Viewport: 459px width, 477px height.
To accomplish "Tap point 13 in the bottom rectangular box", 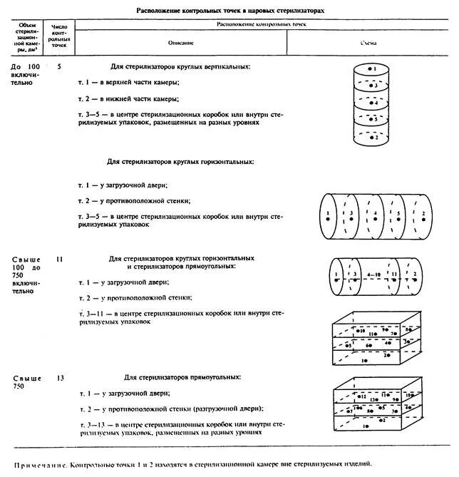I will click(373, 400).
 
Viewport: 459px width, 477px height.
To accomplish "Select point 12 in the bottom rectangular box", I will click(362, 395).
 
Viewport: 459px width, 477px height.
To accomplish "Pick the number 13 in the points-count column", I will click(59, 377).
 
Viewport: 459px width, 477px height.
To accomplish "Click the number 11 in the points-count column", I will click(59, 259).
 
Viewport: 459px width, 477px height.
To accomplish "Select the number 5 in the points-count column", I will click(59, 66).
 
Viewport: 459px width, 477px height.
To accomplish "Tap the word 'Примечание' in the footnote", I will click(40, 463).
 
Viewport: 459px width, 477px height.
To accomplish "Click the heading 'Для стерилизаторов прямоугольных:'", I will click(182, 376).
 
